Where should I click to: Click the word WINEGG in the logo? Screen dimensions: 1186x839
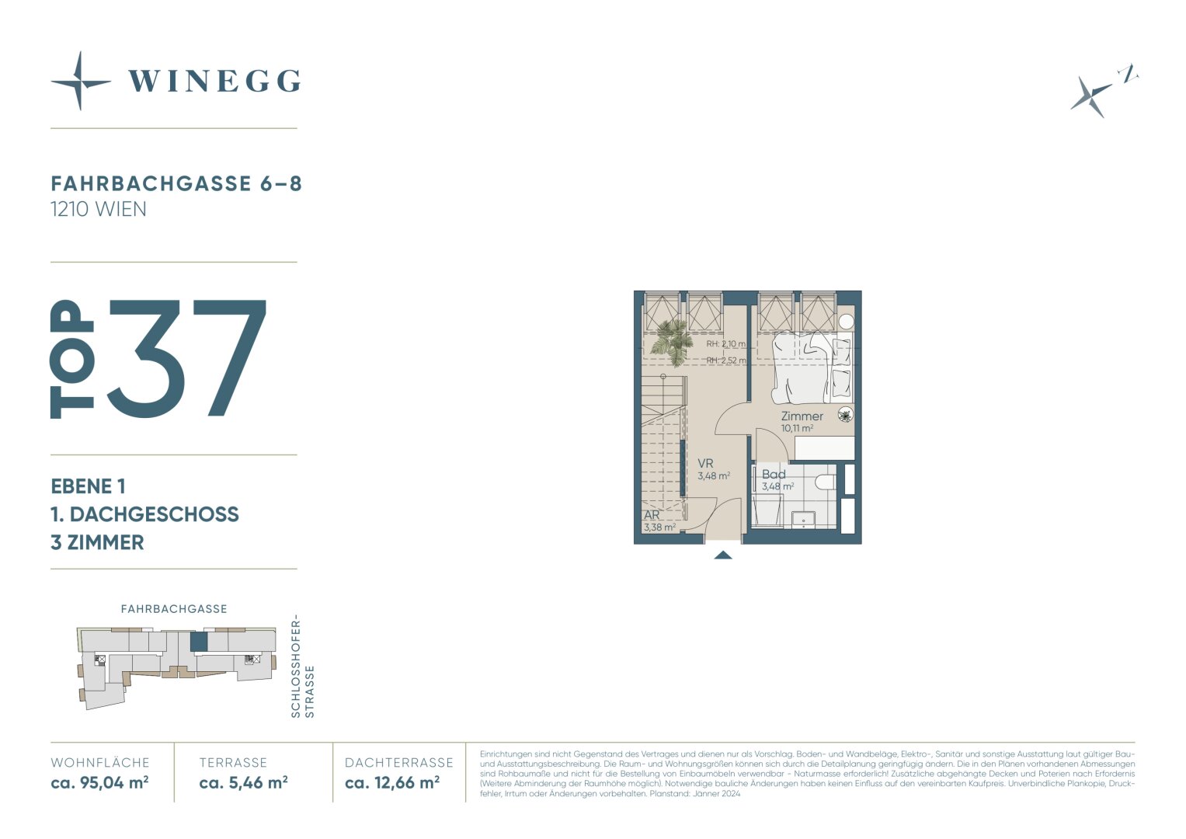click(214, 82)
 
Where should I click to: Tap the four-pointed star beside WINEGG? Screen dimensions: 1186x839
click(81, 82)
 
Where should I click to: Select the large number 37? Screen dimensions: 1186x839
click(186, 358)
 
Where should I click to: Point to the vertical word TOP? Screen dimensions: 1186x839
click(72, 359)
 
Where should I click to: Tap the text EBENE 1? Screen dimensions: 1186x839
click(88, 486)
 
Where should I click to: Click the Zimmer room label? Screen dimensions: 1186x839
click(802, 416)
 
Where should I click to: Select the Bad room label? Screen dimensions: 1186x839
click(774, 474)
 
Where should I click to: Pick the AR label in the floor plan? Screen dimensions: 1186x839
click(652, 515)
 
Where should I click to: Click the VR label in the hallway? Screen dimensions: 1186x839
click(705, 464)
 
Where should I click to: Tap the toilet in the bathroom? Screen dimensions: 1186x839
click(826, 482)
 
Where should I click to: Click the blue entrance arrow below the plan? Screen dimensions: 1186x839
click(723, 555)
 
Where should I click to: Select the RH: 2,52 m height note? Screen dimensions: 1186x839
click(726, 360)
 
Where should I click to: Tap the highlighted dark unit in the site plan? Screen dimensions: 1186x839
click(199, 642)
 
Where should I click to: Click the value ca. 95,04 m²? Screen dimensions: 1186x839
click(99, 782)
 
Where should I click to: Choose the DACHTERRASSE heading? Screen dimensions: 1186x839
click(399, 763)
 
